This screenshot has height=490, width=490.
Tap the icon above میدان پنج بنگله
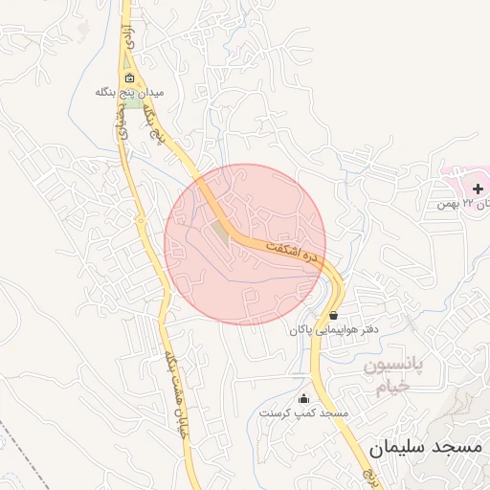(130, 78)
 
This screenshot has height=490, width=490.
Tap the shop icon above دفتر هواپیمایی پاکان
(333, 315)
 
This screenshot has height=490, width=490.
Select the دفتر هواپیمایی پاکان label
(329, 329)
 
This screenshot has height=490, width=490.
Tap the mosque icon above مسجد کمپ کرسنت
(304, 398)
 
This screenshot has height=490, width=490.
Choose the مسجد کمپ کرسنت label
(304, 412)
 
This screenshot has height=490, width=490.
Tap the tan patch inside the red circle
(222, 233)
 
